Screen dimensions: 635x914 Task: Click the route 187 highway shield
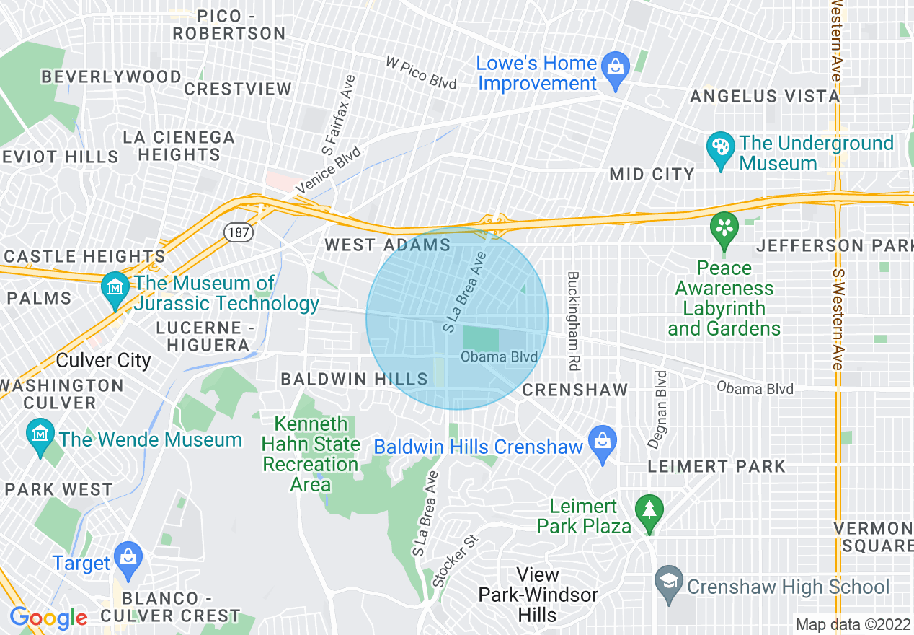click(x=237, y=232)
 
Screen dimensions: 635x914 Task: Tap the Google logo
click(x=48, y=618)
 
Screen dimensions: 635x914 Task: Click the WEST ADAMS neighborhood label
click(x=387, y=245)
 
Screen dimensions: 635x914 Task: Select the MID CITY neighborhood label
click(x=652, y=174)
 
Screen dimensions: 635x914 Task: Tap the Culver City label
click(x=103, y=360)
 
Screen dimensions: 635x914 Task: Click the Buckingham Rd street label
click(x=573, y=321)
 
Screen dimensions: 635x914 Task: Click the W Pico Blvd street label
click(x=422, y=74)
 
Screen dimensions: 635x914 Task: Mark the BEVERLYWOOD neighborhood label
click(x=111, y=76)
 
